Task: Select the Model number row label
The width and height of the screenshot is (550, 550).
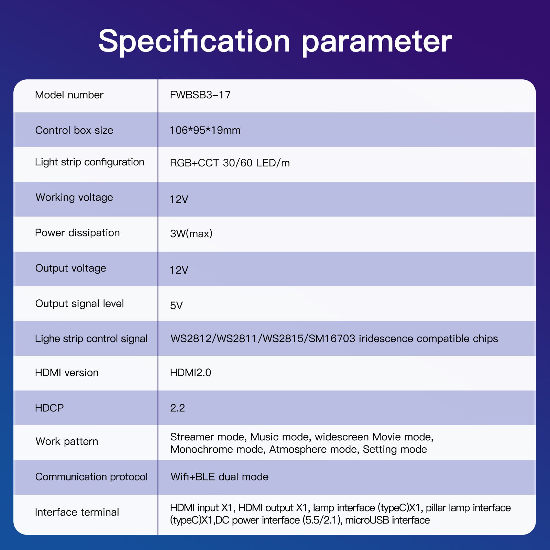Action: point(69,95)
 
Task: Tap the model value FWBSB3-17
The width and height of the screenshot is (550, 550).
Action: point(200,95)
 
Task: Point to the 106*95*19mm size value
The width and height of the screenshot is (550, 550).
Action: point(205,130)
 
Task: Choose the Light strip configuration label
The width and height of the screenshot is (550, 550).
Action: point(90,162)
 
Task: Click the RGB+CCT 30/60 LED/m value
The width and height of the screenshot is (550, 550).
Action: point(230,163)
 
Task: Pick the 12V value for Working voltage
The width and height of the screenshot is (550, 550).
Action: point(179,199)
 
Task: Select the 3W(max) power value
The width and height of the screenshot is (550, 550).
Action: point(191,234)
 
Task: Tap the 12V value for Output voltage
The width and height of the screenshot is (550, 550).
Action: point(179,270)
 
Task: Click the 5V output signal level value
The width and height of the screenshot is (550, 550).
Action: point(176,306)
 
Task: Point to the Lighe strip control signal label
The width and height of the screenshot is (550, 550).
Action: point(91,339)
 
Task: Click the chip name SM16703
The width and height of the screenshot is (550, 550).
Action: point(332,339)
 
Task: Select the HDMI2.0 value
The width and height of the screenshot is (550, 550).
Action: point(191,373)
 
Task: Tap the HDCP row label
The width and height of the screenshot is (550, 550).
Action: point(49,408)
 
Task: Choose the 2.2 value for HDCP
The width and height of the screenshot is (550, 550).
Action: point(177,408)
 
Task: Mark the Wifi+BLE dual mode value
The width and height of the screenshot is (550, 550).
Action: point(219,477)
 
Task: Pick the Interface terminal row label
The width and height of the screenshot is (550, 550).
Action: point(77,512)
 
